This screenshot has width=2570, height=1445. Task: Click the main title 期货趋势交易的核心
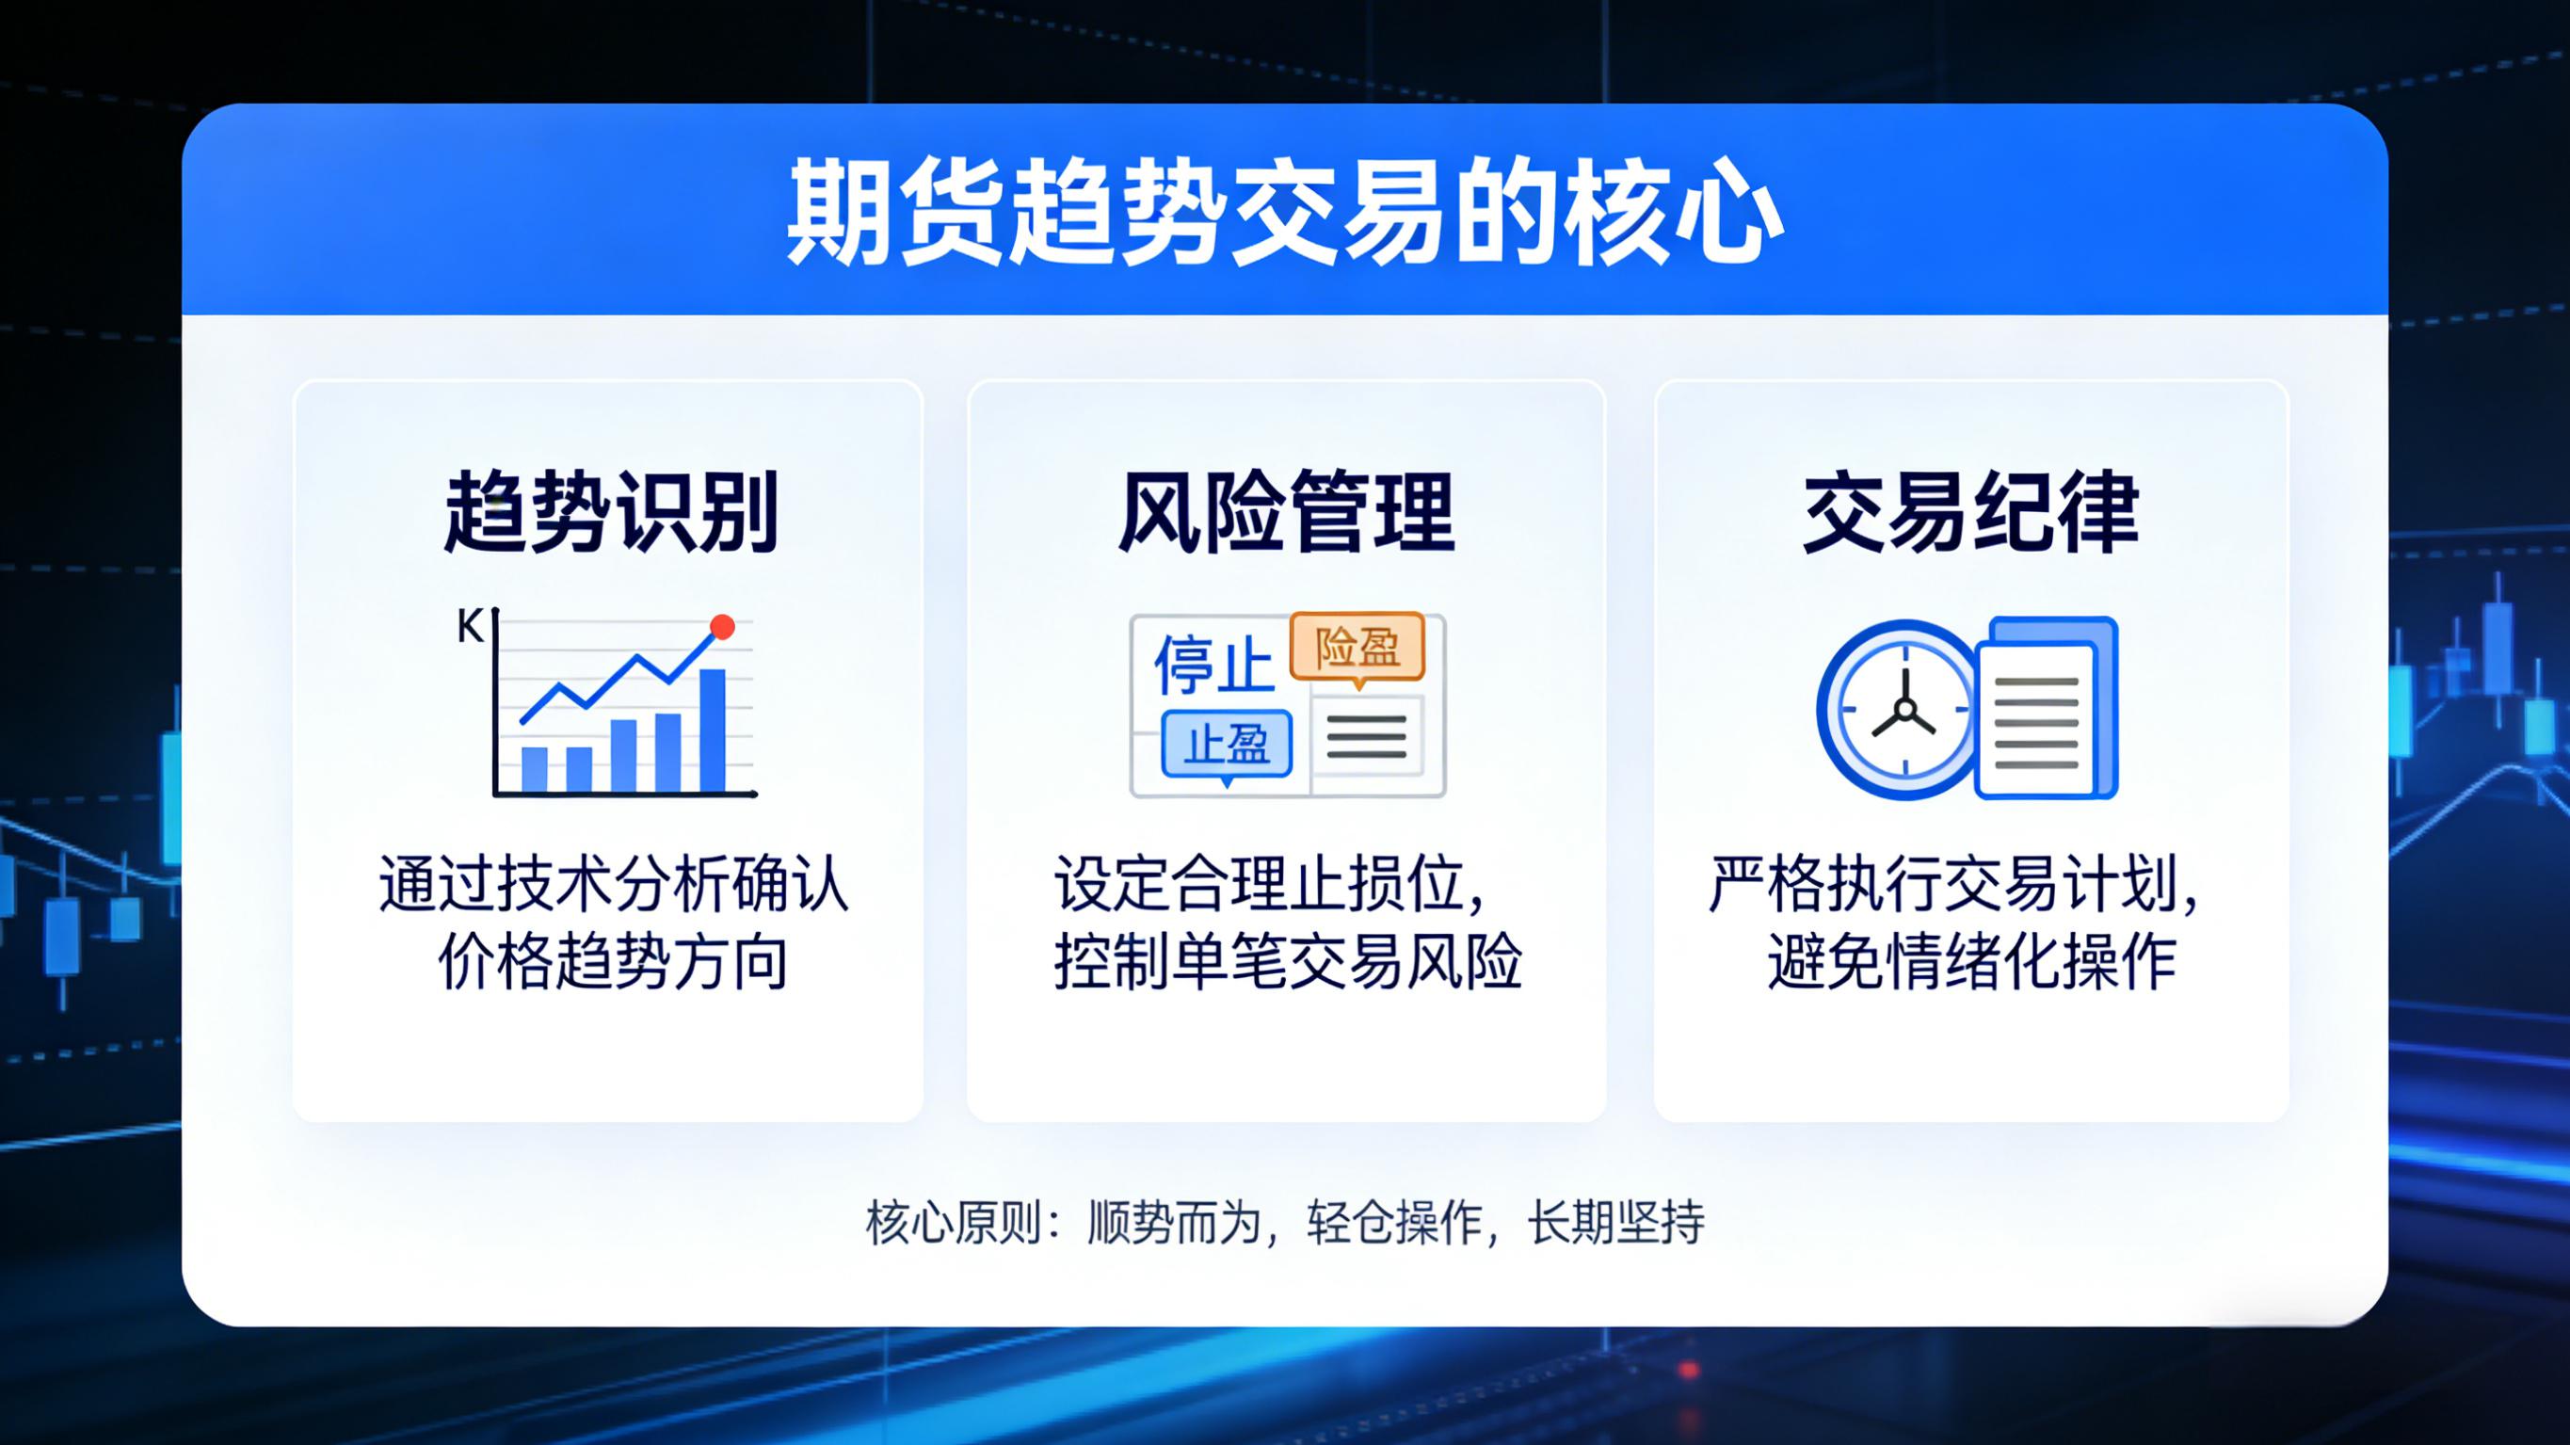tap(1284, 213)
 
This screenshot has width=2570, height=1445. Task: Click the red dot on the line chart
tap(722, 627)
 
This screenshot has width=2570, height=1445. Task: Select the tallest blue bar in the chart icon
tap(713, 730)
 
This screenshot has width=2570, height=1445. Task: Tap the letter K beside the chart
tap(469, 627)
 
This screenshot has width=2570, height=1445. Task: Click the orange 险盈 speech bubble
tap(1357, 648)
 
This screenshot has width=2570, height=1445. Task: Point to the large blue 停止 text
tap(1213, 665)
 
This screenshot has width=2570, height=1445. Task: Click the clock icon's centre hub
tap(1904, 711)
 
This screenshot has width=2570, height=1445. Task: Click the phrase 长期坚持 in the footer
tap(1616, 1223)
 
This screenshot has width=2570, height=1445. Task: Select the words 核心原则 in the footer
tap(954, 1223)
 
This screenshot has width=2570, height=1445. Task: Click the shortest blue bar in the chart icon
tap(535, 769)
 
